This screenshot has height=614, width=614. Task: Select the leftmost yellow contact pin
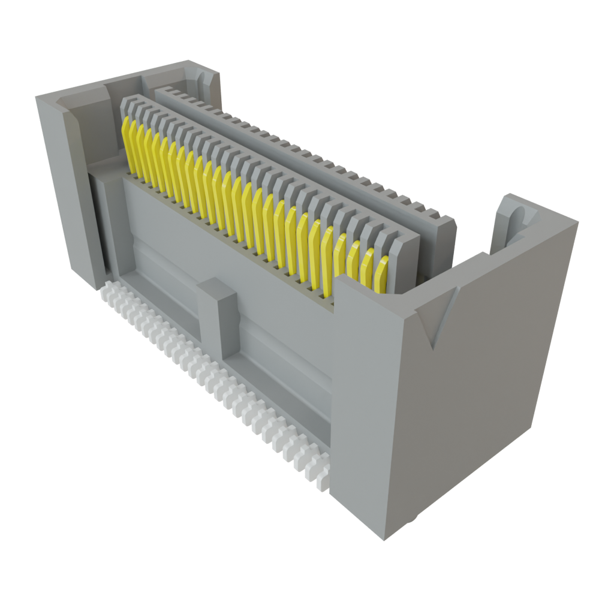coord(127,144)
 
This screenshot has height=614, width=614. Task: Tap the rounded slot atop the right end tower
coord(517,222)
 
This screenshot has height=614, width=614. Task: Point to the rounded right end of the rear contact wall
coord(447,231)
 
